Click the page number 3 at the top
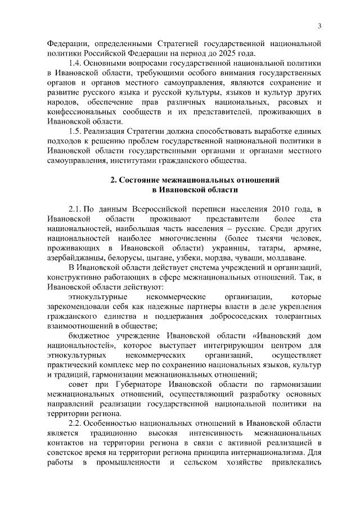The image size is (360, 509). (319, 26)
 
